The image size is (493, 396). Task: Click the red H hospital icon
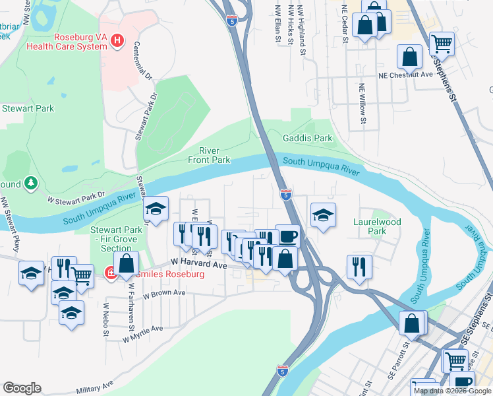point(117,41)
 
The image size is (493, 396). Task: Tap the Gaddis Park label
point(308,139)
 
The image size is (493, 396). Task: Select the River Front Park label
point(211,155)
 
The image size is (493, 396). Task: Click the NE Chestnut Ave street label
point(405,75)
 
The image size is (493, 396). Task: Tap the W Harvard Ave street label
point(200,265)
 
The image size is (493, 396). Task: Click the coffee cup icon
point(287,236)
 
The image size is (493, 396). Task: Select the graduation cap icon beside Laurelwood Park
point(322,216)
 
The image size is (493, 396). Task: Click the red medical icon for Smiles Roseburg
point(111,273)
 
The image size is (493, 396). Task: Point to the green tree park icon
point(30,183)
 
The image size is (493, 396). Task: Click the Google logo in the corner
point(22,388)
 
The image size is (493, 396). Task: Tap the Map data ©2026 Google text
point(452,391)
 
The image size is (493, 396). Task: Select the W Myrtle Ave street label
point(142,333)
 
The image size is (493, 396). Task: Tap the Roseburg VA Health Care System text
point(66,42)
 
